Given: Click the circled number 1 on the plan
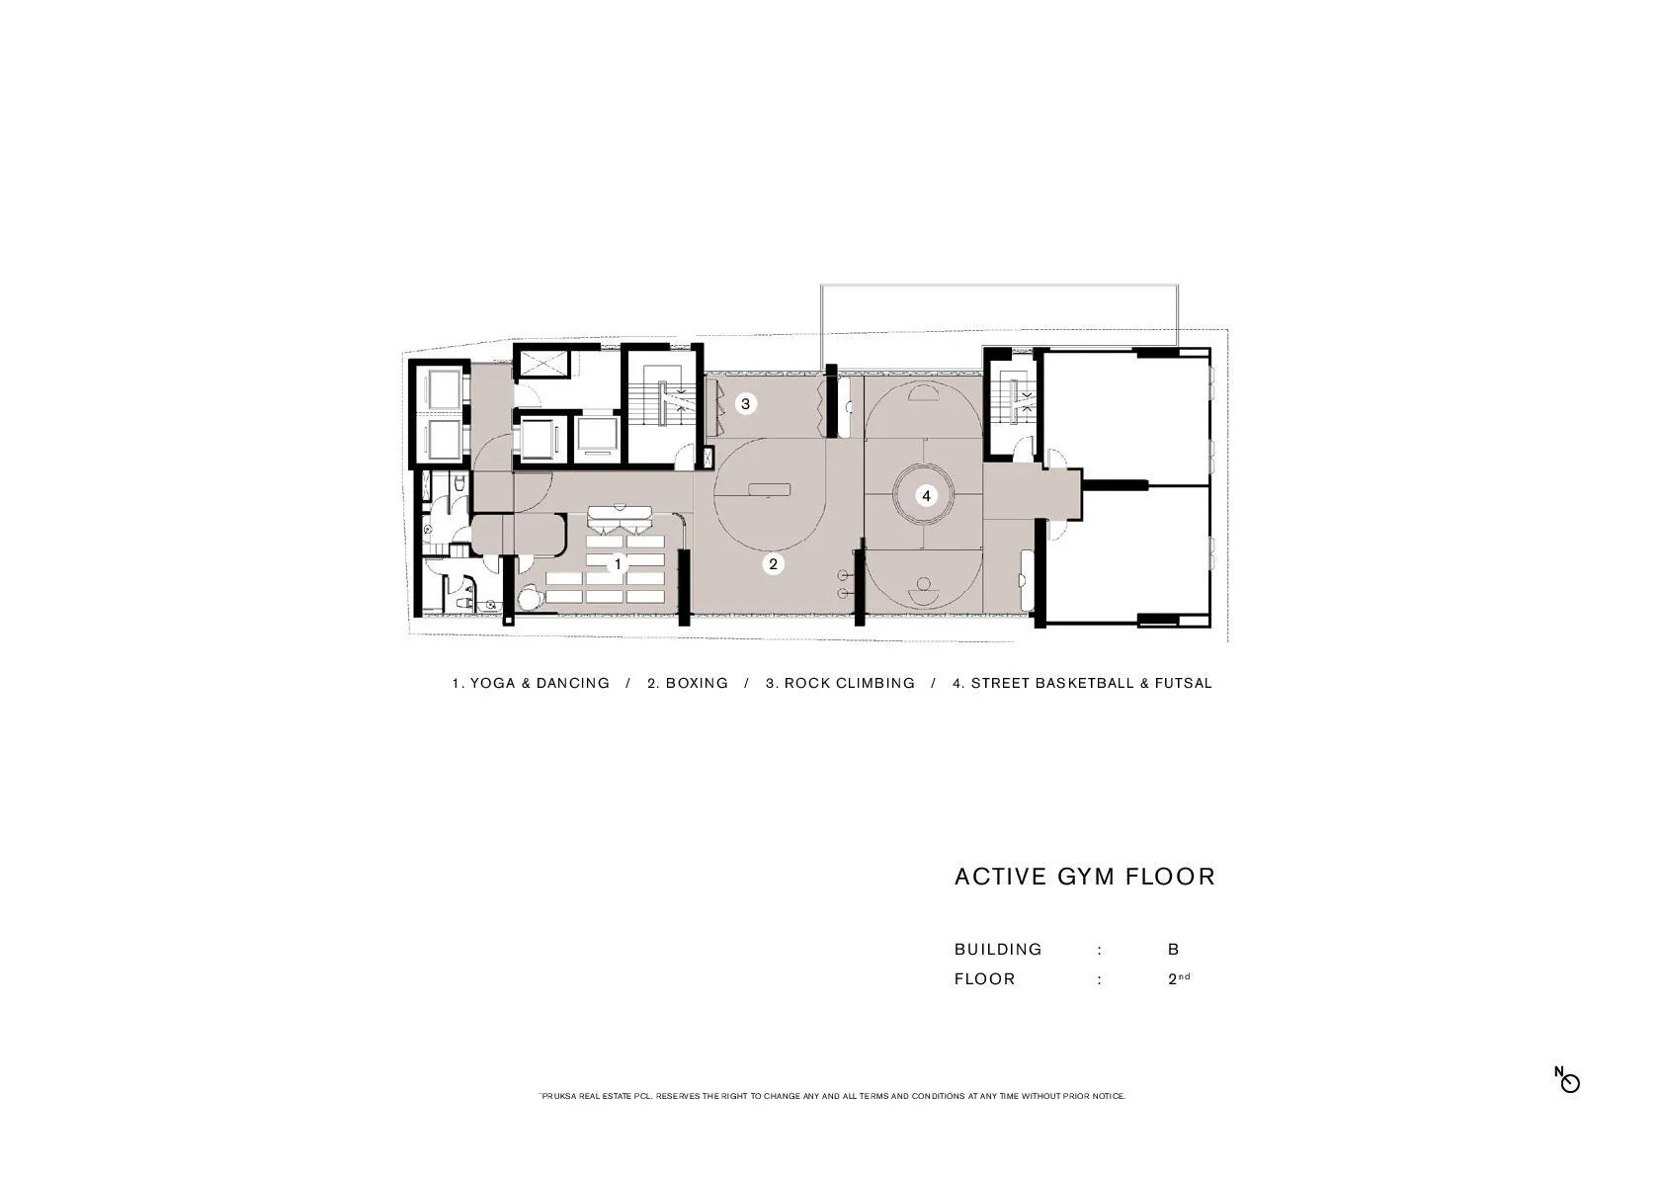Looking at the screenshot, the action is point(618,564).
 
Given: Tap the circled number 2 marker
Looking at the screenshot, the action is point(774,564).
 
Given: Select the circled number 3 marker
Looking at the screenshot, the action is point(746,404).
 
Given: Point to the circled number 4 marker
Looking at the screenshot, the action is point(926,496).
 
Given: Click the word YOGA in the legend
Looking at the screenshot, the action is point(492,683).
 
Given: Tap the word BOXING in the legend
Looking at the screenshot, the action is point(697,683).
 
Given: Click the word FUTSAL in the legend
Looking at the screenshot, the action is point(1184,683).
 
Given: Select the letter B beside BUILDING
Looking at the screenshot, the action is point(1174,950).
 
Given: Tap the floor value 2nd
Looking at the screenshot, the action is point(1179,978).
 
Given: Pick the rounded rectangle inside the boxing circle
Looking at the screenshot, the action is point(771,489).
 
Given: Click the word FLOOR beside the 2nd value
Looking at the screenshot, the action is point(985,979).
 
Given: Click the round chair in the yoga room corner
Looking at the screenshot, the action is point(530,598).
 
